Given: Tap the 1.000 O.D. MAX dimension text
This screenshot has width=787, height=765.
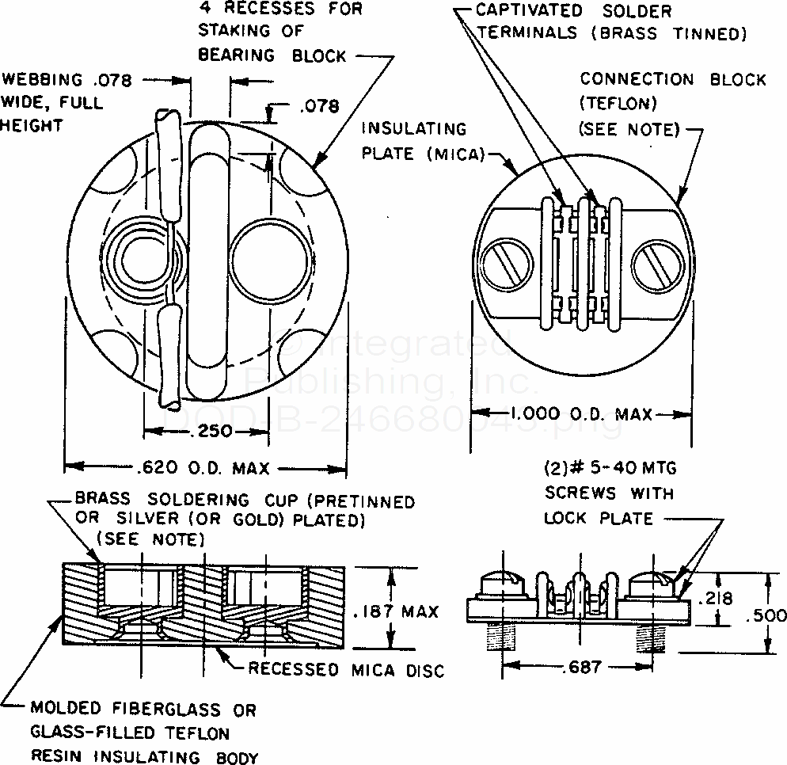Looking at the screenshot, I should click(582, 413).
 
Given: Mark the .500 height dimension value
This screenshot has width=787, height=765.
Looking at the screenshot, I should click(766, 615).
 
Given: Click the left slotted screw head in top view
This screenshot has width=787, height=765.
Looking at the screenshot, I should click(505, 264).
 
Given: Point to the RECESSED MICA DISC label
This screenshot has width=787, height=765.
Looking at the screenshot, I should click(346, 670).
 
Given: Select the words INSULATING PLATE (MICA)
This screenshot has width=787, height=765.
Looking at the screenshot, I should click(424, 140).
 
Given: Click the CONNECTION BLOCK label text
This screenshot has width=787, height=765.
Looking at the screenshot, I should click(673, 80).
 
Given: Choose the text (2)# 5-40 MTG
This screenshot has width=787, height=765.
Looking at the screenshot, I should click(610, 470).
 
